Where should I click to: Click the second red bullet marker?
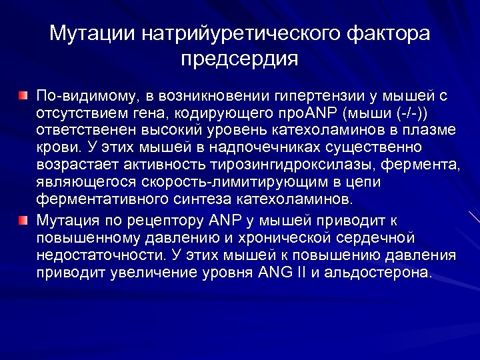(x=23, y=219)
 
